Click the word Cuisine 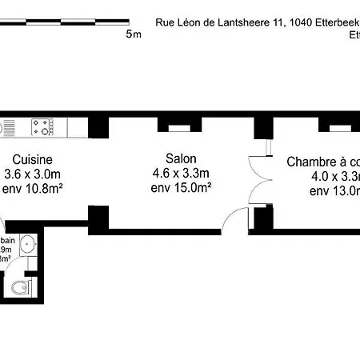pos(22,159)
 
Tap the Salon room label pos(180,159)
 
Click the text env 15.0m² pos(180,188)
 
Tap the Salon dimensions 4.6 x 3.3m pos(180,174)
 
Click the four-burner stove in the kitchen pos(42,126)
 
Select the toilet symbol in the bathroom pos(22,286)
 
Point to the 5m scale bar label pos(134,35)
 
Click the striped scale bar pos(64,22)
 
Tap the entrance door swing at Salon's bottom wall pos(238,218)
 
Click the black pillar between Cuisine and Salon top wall pos(98,126)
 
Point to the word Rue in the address pos(165,23)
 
